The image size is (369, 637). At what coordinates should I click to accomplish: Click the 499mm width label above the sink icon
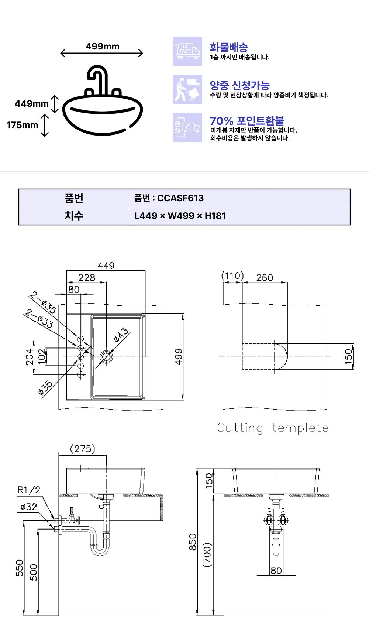point(103,47)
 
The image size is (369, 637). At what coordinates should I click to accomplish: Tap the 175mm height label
point(23,125)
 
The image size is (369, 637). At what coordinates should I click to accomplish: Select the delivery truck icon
point(187,51)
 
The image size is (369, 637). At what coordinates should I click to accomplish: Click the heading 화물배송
point(229,47)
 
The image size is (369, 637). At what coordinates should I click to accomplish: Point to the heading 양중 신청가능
point(240,85)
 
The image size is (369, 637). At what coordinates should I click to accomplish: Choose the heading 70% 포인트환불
point(247,121)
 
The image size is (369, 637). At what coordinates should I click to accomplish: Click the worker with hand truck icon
point(187,89)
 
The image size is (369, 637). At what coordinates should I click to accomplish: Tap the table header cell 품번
point(74,198)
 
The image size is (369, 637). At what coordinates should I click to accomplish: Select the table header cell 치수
point(74,216)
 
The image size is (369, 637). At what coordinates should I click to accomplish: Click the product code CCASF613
point(180,198)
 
